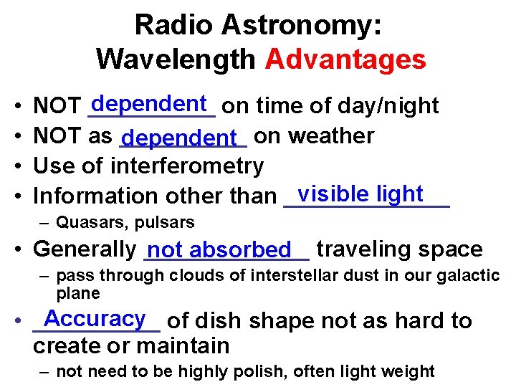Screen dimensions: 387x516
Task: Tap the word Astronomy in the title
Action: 300,25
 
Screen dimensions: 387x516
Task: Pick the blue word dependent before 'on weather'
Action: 183,136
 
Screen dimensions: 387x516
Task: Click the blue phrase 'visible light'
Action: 360,193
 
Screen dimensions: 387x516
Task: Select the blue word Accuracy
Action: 94,318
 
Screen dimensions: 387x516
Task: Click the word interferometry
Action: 187,166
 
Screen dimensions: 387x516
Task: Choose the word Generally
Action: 85,249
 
